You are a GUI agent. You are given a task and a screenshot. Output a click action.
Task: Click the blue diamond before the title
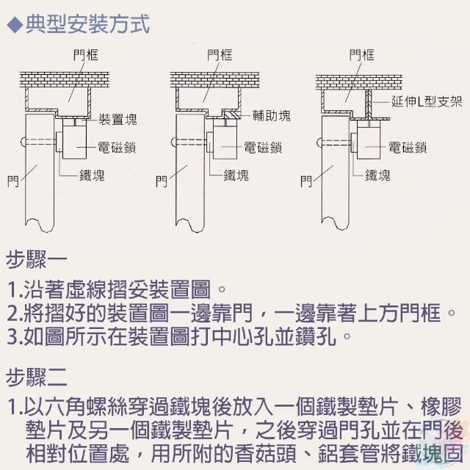pyautogui.click(x=15, y=25)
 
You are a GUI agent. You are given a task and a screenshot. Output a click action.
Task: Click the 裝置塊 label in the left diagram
pyautogui.click(x=117, y=119)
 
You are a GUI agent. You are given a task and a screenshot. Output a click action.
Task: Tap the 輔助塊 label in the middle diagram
pyautogui.click(x=271, y=115)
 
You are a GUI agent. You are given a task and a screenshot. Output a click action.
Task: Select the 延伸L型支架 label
pyautogui.click(x=427, y=101)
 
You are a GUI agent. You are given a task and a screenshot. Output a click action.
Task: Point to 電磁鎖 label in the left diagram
pyautogui.click(x=117, y=148)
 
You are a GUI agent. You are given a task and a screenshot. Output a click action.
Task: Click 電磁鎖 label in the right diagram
pyautogui.click(x=408, y=148)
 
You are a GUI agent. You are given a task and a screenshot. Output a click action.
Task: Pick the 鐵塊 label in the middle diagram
pyautogui.click(x=236, y=175)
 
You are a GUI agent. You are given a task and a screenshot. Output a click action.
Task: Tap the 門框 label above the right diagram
pyautogui.click(x=362, y=55)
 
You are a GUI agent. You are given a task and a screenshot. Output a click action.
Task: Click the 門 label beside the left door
pyautogui.click(x=13, y=181)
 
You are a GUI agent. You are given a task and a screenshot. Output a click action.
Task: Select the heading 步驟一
pyautogui.click(x=36, y=259)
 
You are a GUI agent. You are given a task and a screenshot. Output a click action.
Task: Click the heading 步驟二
pyautogui.click(x=36, y=377)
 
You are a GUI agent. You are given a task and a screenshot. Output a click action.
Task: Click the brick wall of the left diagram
pyautogui.click(x=64, y=80)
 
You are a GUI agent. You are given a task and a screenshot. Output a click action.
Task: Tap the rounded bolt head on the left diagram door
pyautogui.click(x=23, y=142)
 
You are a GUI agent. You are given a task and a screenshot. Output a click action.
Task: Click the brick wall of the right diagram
pyautogui.click(x=358, y=82)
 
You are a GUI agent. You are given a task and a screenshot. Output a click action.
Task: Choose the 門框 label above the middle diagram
pyautogui.click(x=220, y=55)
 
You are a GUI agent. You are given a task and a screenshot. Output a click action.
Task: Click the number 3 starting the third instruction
pyautogui.click(x=13, y=336)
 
